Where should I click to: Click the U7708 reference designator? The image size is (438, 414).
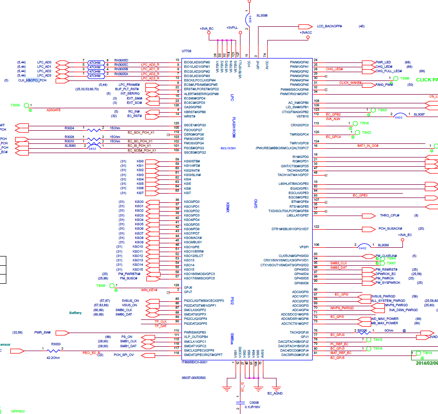[x=186, y=51]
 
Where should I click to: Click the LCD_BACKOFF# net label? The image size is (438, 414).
[x=329, y=26]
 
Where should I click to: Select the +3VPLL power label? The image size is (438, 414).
[x=232, y=28]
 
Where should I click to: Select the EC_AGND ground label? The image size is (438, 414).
[x=275, y=393]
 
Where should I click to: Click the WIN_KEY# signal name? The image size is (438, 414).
[x=149, y=290]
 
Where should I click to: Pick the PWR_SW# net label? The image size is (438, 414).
[x=42, y=332]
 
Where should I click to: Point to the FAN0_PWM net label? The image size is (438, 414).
[x=384, y=85]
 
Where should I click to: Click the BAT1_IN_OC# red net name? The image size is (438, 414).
[x=368, y=145]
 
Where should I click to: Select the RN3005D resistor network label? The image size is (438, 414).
[x=121, y=60]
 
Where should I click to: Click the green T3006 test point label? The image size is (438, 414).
[x=101, y=285]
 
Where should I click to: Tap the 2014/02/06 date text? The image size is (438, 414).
[x=426, y=363]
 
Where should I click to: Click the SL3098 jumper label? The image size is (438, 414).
[x=261, y=15]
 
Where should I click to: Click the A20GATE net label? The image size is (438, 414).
[x=53, y=110]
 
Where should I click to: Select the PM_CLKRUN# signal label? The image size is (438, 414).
[x=386, y=256]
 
